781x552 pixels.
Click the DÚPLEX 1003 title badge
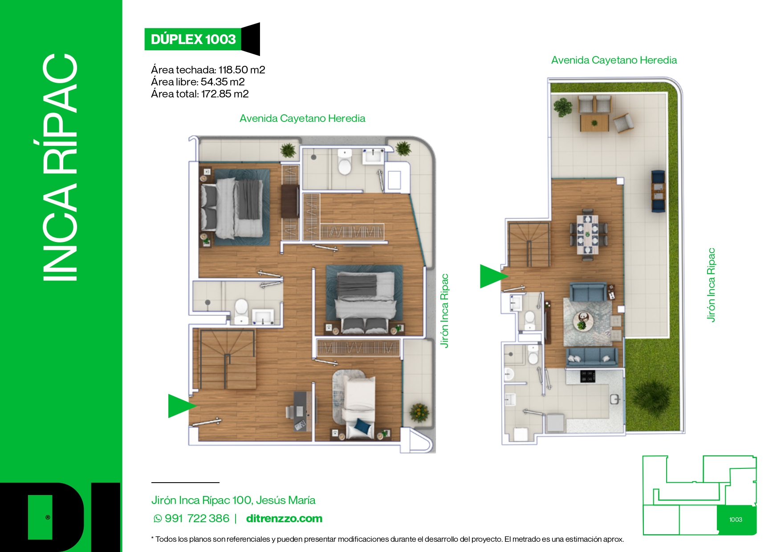tap(193, 39)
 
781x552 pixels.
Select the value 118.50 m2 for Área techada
tap(242, 70)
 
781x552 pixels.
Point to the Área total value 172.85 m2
tap(225, 94)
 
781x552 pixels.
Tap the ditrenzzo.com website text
tap(284, 519)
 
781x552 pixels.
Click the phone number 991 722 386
tap(197, 519)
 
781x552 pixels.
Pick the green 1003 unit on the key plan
tap(736, 520)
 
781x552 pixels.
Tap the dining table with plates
tap(588, 234)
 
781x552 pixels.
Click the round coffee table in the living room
tap(582, 320)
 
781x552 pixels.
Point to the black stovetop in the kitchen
tap(588, 376)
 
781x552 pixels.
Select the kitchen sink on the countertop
tap(615, 399)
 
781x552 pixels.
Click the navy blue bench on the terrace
tap(658, 191)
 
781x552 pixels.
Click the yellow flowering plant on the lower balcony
tap(419, 411)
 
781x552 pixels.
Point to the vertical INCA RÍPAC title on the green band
tap(60, 167)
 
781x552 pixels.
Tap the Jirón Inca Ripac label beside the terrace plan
tap(711, 285)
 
